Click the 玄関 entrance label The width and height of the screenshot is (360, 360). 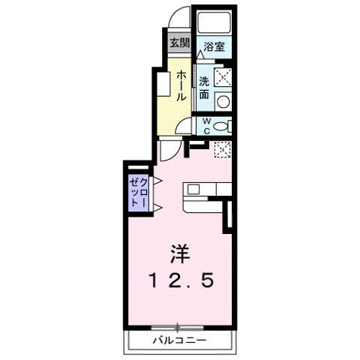pos(178,42)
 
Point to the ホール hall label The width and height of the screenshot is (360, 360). pos(181,87)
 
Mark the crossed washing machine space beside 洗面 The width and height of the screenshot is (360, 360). pos(223,76)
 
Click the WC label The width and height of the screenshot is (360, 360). pos(205,125)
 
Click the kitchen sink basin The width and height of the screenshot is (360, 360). pos(193,189)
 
